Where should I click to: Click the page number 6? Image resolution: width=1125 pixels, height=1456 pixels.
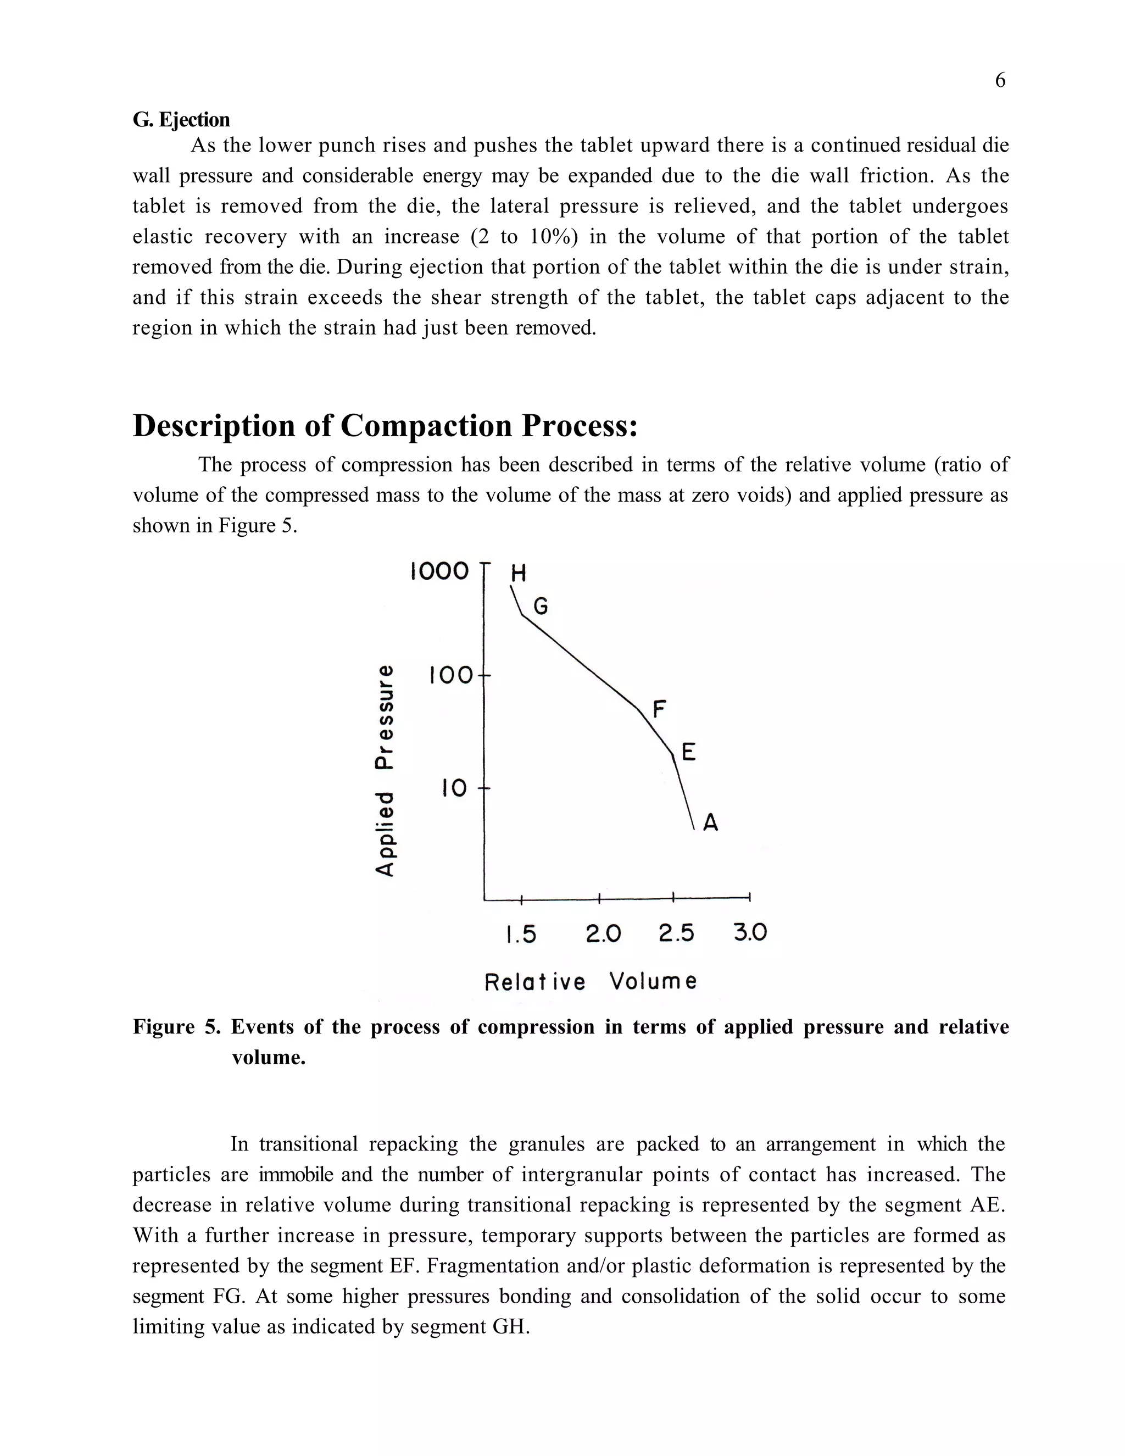click(1000, 81)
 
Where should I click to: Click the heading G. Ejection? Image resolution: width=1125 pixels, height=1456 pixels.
click(181, 120)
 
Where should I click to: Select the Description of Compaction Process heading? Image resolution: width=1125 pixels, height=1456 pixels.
click(385, 425)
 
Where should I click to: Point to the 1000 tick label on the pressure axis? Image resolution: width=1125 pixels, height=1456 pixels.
click(439, 571)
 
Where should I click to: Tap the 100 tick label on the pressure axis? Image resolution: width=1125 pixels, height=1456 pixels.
click(450, 675)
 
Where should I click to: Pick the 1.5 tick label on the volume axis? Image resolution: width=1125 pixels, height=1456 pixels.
click(521, 934)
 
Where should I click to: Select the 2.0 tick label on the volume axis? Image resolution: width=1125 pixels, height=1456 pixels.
click(603, 934)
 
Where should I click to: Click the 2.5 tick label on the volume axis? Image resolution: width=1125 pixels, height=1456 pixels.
click(676, 934)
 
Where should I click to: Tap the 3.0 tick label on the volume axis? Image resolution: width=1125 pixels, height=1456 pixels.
click(750, 933)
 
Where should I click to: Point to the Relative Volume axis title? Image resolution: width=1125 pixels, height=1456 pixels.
click(591, 982)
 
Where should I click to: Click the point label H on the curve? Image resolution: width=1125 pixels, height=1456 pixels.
click(519, 573)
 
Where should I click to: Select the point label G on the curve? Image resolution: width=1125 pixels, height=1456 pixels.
click(541, 607)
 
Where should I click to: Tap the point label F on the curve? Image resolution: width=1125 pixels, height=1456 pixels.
click(659, 709)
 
